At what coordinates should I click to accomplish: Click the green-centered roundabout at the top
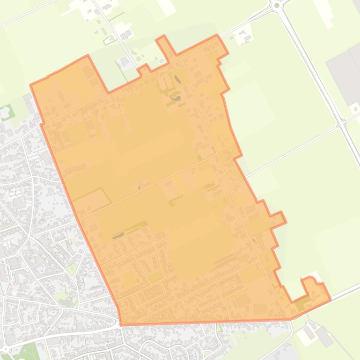[276, 5]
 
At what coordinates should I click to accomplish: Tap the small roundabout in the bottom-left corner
[5, 349]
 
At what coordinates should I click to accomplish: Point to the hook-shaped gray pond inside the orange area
[176, 98]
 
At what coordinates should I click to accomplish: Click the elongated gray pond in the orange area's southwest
[118, 236]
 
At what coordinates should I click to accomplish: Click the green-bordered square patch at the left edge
[6, 113]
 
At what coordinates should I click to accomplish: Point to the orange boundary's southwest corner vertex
[121, 324]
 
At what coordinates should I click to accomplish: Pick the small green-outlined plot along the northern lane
[110, 40]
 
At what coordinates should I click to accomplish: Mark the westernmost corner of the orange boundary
[31, 85]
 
